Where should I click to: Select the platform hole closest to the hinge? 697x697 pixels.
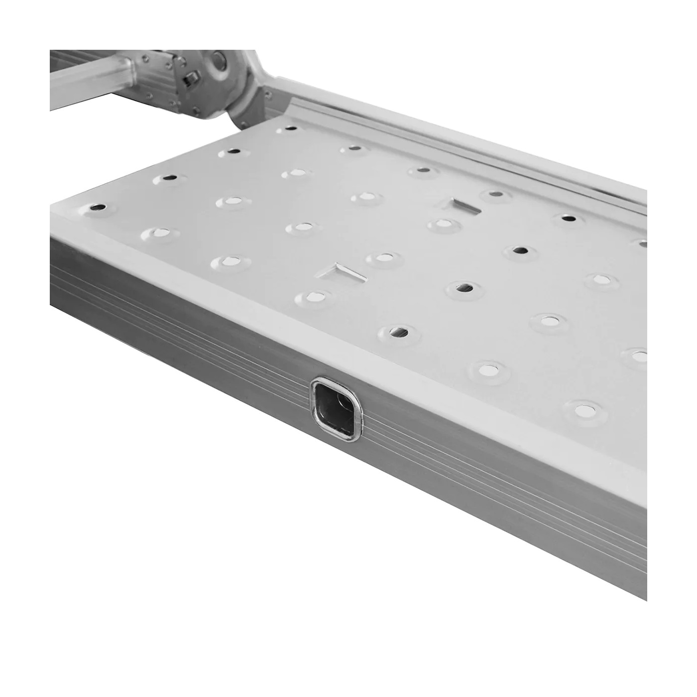pos(292,128)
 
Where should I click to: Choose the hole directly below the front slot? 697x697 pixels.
pos(313,297)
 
